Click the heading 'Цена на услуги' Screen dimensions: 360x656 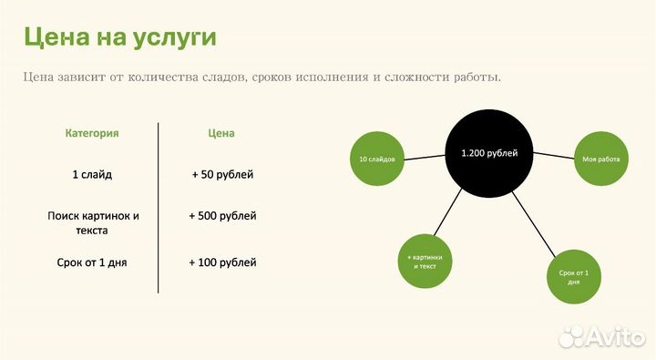[119, 37]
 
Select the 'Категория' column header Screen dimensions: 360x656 [92, 133]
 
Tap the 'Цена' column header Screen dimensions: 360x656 [221, 133]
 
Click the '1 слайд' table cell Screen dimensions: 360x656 [92, 173]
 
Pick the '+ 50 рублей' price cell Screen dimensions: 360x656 [222, 173]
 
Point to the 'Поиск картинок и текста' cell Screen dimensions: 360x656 [93, 223]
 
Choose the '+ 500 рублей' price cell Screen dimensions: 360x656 [222, 216]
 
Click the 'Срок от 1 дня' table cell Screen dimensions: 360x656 [92, 262]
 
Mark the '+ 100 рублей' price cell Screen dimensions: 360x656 [222, 262]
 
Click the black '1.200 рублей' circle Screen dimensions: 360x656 [489, 153]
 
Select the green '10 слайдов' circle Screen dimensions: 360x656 [376, 159]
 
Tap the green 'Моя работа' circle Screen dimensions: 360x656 [600, 159]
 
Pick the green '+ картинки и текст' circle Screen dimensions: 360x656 [426, 262]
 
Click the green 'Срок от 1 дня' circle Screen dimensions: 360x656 [575, 277]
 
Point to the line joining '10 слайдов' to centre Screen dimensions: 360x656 [425, 157]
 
